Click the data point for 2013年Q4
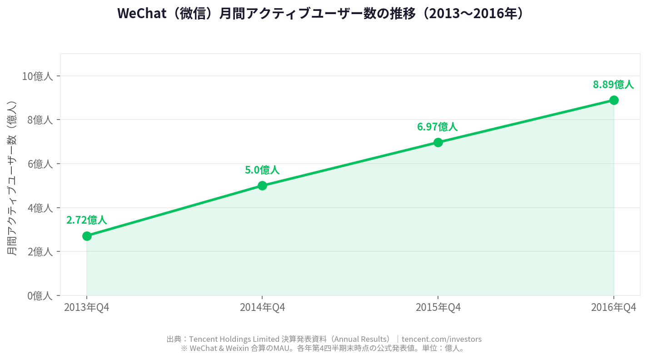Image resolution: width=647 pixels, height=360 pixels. click(87, 236)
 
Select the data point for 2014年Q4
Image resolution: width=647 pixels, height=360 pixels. click(262, 185)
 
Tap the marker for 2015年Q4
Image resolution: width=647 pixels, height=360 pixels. click(438, 142)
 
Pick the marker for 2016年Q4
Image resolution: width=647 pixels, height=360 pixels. click(614, 100)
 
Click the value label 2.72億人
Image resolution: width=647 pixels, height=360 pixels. click(87, 220)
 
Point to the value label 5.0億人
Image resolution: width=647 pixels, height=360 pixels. click(262, 170)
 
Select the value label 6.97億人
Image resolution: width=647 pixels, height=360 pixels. click(438, 127)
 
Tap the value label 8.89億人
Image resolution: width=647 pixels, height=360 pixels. click(613, 85)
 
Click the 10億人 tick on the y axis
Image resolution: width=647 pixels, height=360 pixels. click(37, 76)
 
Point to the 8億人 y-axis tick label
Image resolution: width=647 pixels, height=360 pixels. click(40, 120)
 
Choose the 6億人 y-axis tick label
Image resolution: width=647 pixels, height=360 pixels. click(40, 164)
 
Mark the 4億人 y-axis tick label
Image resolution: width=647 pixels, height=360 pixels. click(40, 208)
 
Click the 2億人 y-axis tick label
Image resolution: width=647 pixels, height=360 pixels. click(40, 251)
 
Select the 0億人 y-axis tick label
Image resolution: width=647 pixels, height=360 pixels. click(40, 296)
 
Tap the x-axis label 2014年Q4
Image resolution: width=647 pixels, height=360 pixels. click(262, 308)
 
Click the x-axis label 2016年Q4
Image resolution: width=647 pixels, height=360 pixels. click(613, 308)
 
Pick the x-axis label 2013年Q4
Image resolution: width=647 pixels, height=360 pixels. click(87, 308)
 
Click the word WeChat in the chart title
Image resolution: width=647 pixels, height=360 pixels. click(141, 14)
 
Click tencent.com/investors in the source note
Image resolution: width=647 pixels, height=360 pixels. click(441, 339)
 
